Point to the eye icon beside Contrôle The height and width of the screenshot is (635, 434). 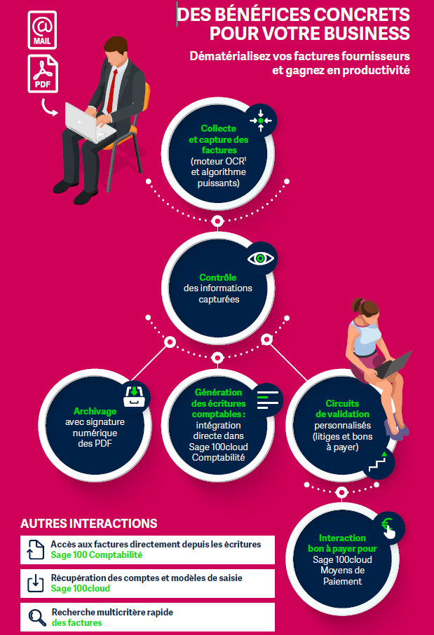pos(262,259)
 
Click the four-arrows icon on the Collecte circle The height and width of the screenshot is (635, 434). pos(261,121)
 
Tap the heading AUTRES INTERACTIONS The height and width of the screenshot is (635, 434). pos(89,524)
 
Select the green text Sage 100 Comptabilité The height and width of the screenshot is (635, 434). pos(96,555)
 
